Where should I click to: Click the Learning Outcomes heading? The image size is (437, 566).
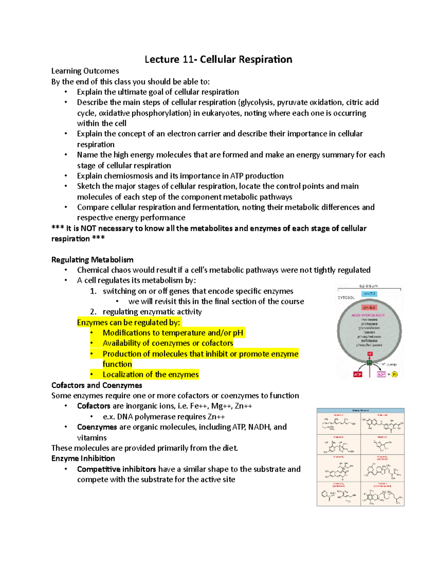[x=85, y=71]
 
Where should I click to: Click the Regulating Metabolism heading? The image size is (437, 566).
[x=92, y=260]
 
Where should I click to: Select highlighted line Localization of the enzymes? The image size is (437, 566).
[x=150, y=375]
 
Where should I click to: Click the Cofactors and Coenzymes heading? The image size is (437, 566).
[x=97, y=385]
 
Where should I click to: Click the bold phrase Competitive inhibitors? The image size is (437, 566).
[x=117, y=469]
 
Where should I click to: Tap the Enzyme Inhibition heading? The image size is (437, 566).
[x=83, y=458]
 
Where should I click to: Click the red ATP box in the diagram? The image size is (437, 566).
[x=358, y=374]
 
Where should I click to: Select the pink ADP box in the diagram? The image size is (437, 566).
[x=381, y=374]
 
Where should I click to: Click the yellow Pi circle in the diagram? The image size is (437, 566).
[x=394, y=374]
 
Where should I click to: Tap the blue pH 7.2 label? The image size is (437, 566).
[x=369, y=294]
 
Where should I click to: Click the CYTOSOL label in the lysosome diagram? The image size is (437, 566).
[x=346, y=298]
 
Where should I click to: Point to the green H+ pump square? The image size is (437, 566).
[x=370, y=363]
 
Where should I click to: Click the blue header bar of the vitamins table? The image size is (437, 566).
[x=361, y=410]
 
